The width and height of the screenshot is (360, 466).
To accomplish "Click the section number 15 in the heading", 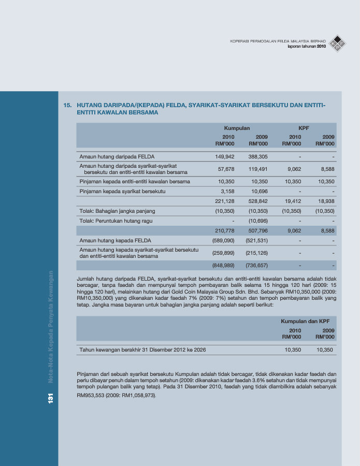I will pyautogui.click(x=66, y=105).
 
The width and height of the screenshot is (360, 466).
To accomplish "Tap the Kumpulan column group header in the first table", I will pyautogui.click(x=237, y=128).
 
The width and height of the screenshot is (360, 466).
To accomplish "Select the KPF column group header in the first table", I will pyautogui.click(x=304, y=128).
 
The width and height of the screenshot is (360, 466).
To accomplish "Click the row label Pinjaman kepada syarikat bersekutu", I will pyautogui.click(x=122, y=192).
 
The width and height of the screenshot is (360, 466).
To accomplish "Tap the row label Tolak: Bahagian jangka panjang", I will pyautogui.click(x=117, y=211).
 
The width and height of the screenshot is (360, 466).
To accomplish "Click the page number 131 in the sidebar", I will pyautogui.click(x=51, y=399).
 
